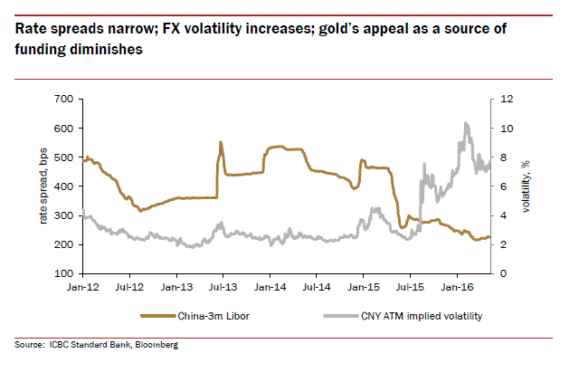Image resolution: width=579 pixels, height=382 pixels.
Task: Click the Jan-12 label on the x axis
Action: (x=82, y=290)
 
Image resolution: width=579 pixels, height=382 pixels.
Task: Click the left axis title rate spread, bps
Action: (x=42, y=185)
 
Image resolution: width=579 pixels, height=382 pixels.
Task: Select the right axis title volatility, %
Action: (x=527, y=185)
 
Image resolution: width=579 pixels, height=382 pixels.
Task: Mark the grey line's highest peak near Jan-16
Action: (x=465, y=123)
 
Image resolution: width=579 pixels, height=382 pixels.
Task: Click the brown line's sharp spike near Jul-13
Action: (x=221, y=142)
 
